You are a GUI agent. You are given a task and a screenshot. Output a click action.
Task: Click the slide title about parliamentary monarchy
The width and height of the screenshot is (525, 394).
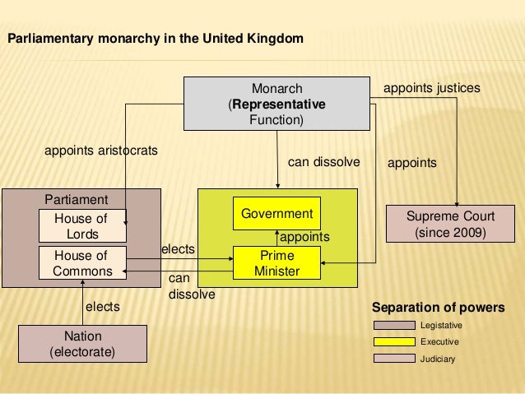[155, 39]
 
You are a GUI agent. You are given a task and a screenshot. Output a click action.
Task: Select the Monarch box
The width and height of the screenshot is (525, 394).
[277, 104]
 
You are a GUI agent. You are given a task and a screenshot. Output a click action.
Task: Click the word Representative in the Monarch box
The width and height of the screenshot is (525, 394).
[279, 105]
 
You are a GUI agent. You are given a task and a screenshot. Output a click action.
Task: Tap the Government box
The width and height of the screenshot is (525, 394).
[276, 214]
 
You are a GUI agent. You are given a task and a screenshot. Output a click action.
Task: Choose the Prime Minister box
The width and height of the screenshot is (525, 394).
[276, 262]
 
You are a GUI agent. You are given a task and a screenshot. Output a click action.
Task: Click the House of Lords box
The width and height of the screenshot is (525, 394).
[81, 226]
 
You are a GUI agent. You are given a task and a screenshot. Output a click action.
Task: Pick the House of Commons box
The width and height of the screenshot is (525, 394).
[81, 263]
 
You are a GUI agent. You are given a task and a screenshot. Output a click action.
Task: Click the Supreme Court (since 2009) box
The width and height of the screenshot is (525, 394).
[451, 225]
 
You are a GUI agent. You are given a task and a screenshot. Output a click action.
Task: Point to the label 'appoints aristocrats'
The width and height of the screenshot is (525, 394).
[101, 151]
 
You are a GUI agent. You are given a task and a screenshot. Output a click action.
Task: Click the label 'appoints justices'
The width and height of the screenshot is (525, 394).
[432, 87]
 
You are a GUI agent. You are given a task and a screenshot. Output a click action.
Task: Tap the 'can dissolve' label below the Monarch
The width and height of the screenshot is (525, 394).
[323, 162]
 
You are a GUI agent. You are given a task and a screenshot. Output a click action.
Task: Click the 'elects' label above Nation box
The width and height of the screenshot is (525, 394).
[103, 307]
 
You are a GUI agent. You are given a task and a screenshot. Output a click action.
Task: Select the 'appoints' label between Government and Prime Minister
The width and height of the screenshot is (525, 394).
[305, 237]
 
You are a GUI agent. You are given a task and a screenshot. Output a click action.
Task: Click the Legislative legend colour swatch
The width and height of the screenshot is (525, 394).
[393, 326]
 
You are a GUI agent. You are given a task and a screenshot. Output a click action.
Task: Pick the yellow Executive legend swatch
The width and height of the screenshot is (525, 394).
[393, 341]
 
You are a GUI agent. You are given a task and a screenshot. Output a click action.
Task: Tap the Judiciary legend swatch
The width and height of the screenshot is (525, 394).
[393, 358]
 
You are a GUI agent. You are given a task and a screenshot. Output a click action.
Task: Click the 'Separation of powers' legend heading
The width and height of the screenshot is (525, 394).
[439, 308]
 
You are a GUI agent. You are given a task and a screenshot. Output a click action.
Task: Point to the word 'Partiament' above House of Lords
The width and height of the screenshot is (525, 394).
[76, 200]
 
